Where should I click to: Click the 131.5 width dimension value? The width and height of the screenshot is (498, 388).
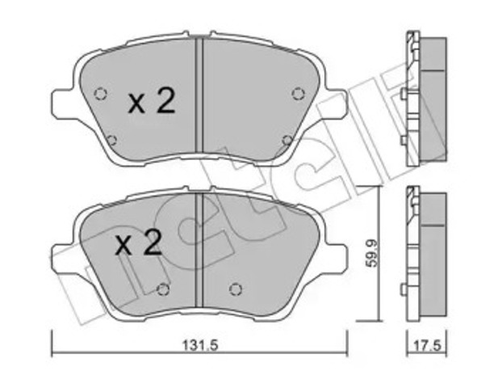pyautogui.click(x=200, y=345)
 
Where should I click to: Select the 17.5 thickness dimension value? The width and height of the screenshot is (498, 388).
pyautogui.click(x=428, y=346)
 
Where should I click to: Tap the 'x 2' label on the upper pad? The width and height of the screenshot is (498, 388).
pyautogui.click(x=151, y=101)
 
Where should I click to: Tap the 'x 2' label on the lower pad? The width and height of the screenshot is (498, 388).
pyautogui.click(x=139, y=243)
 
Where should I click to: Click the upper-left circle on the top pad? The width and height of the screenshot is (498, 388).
pyautogui.click(x=101, y=94)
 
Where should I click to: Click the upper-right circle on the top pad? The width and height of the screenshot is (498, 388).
pyautogui.click(x=298, y=94)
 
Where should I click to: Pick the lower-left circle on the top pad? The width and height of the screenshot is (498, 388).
pyautogui.click(x=111, y=140)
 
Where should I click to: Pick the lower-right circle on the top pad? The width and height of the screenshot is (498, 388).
pyautogui.click(x=288, y=140)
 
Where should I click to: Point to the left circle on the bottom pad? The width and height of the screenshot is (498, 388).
pyautogui.click(x=163, y=289)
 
